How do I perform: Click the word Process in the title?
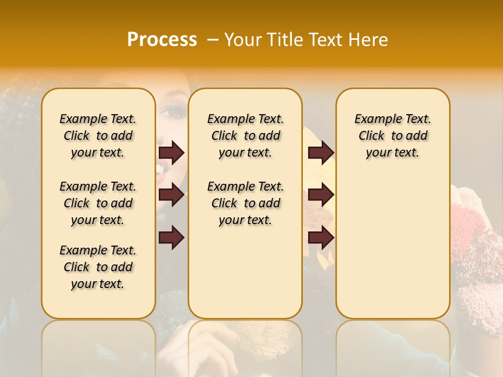(x=162, y=40)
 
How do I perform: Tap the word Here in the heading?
(x=368, y=40)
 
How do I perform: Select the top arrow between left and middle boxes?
(x=171, y=152)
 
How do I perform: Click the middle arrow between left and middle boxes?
(x=171, y=195)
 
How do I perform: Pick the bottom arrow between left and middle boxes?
(x=171, y=238)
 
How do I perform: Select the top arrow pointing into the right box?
(x=321, y=152)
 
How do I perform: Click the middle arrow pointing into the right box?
(x=321, y=195)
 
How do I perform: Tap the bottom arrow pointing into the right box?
(x=321, y=238)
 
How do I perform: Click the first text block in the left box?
(x=98, y=136)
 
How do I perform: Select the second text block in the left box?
(x=98, y=203)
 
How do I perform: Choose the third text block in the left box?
(x=98, y=267)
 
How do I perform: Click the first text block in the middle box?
(x=245, y=136)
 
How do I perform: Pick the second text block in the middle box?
(x=245, y=203)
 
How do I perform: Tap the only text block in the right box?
(x=392, y=136)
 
